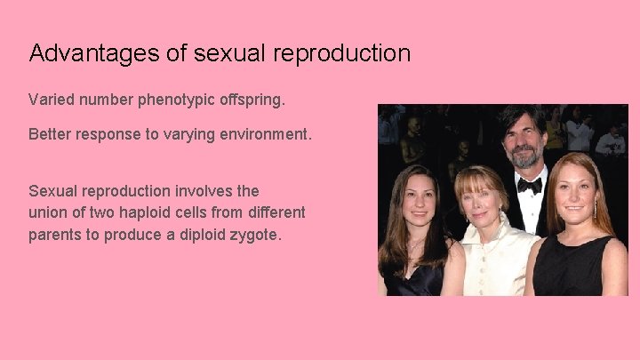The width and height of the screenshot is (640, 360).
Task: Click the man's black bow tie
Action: click(x=529, y=185)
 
